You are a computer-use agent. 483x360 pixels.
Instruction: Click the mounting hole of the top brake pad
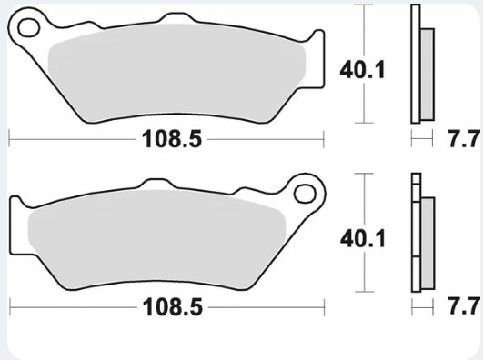click(28, 27)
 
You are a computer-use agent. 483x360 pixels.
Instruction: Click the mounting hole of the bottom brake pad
click(305, 194)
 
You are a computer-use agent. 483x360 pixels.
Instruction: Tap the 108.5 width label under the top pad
click(172, 139)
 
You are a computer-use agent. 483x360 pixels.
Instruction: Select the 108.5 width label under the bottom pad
click(173, 306)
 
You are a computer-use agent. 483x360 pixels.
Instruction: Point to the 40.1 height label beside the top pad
click(362, 70)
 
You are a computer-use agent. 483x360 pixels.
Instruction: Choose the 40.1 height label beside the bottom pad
click(363, 238)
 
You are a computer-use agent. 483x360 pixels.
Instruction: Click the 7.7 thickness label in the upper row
click(464, 139)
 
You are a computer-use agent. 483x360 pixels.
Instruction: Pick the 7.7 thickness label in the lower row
click(464, 306)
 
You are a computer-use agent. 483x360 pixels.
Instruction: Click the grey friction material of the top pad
click(177, 73)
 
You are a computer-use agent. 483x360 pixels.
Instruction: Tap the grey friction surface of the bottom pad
click(157, 239)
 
